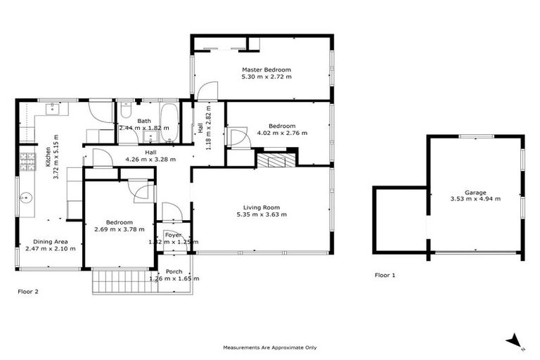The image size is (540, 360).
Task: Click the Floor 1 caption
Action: (x=385, y=275)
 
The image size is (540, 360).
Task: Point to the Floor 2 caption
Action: (x=27, y=291)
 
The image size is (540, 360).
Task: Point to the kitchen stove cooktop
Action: (x=27, y=162)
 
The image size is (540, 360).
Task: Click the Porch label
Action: (x=174, y=271)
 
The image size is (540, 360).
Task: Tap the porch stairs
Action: (x=124, y=281)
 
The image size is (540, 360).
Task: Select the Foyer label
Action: (x=173, y=235)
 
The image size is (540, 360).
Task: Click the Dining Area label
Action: (x=51, y=241)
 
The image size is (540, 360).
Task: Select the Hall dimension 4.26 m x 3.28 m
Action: (x=150, y=159)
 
